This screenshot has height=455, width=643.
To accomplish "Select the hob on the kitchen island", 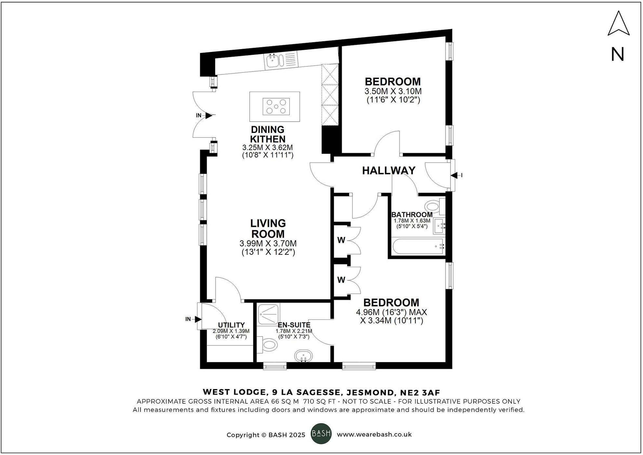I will [x=276, y=106].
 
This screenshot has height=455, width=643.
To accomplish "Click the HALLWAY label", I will [x=388, y=171].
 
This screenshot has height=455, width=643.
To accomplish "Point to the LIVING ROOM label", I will [x=268, y=228].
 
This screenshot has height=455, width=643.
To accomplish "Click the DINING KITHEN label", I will [x=268, y=134].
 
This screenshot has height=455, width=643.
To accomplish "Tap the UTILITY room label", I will [x=231, y=325].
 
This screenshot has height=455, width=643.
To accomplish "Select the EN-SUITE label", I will [x=294, y=325].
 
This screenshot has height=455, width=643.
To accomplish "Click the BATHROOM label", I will [x=412, y=215].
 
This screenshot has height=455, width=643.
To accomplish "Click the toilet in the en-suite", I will [x=269, y=345].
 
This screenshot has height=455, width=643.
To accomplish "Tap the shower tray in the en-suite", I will [x=269, y=314].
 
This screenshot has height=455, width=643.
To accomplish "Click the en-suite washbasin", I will [x=303, y=356].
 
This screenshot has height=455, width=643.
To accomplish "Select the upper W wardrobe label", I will [x=341, y=240].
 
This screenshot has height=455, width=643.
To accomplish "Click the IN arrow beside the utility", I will [x=197, y=319].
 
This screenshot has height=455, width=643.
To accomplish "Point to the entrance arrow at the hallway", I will [x=454, y=175].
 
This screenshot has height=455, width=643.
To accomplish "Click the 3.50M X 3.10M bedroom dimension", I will [x=393, y=91].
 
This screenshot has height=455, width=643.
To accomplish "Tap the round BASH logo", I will [x=321, y=434].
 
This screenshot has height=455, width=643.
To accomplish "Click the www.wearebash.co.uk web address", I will [x=374, y=435].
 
